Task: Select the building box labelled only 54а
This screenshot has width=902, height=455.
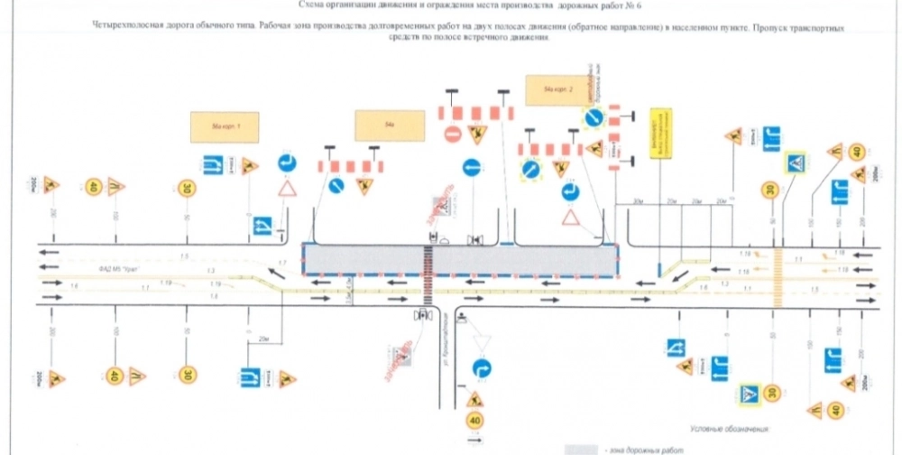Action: pos(388,126)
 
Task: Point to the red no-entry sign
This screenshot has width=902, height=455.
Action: pos(452,135)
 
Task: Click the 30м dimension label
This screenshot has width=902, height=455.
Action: pos(639,200)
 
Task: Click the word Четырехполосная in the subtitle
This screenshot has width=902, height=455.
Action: pos(128,28)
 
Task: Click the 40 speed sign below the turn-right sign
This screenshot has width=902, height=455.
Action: pos(474,420)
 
